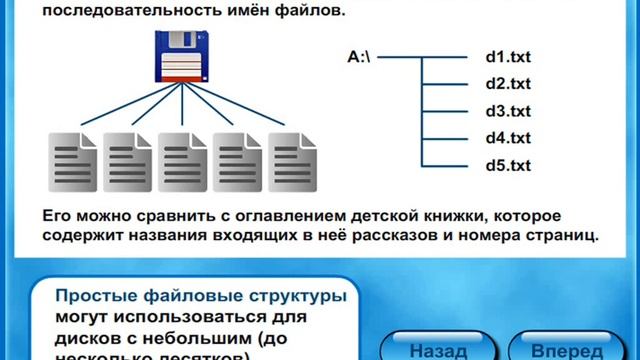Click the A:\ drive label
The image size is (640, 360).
click(359, 57)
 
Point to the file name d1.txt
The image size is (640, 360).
click(507, 57)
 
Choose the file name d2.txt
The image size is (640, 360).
click(507, 84)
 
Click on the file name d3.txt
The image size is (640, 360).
click(507, 111)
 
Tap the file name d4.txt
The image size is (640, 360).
click(507, 138)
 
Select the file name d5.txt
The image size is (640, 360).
click(507, 165)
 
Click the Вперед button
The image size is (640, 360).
click(566, 351)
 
